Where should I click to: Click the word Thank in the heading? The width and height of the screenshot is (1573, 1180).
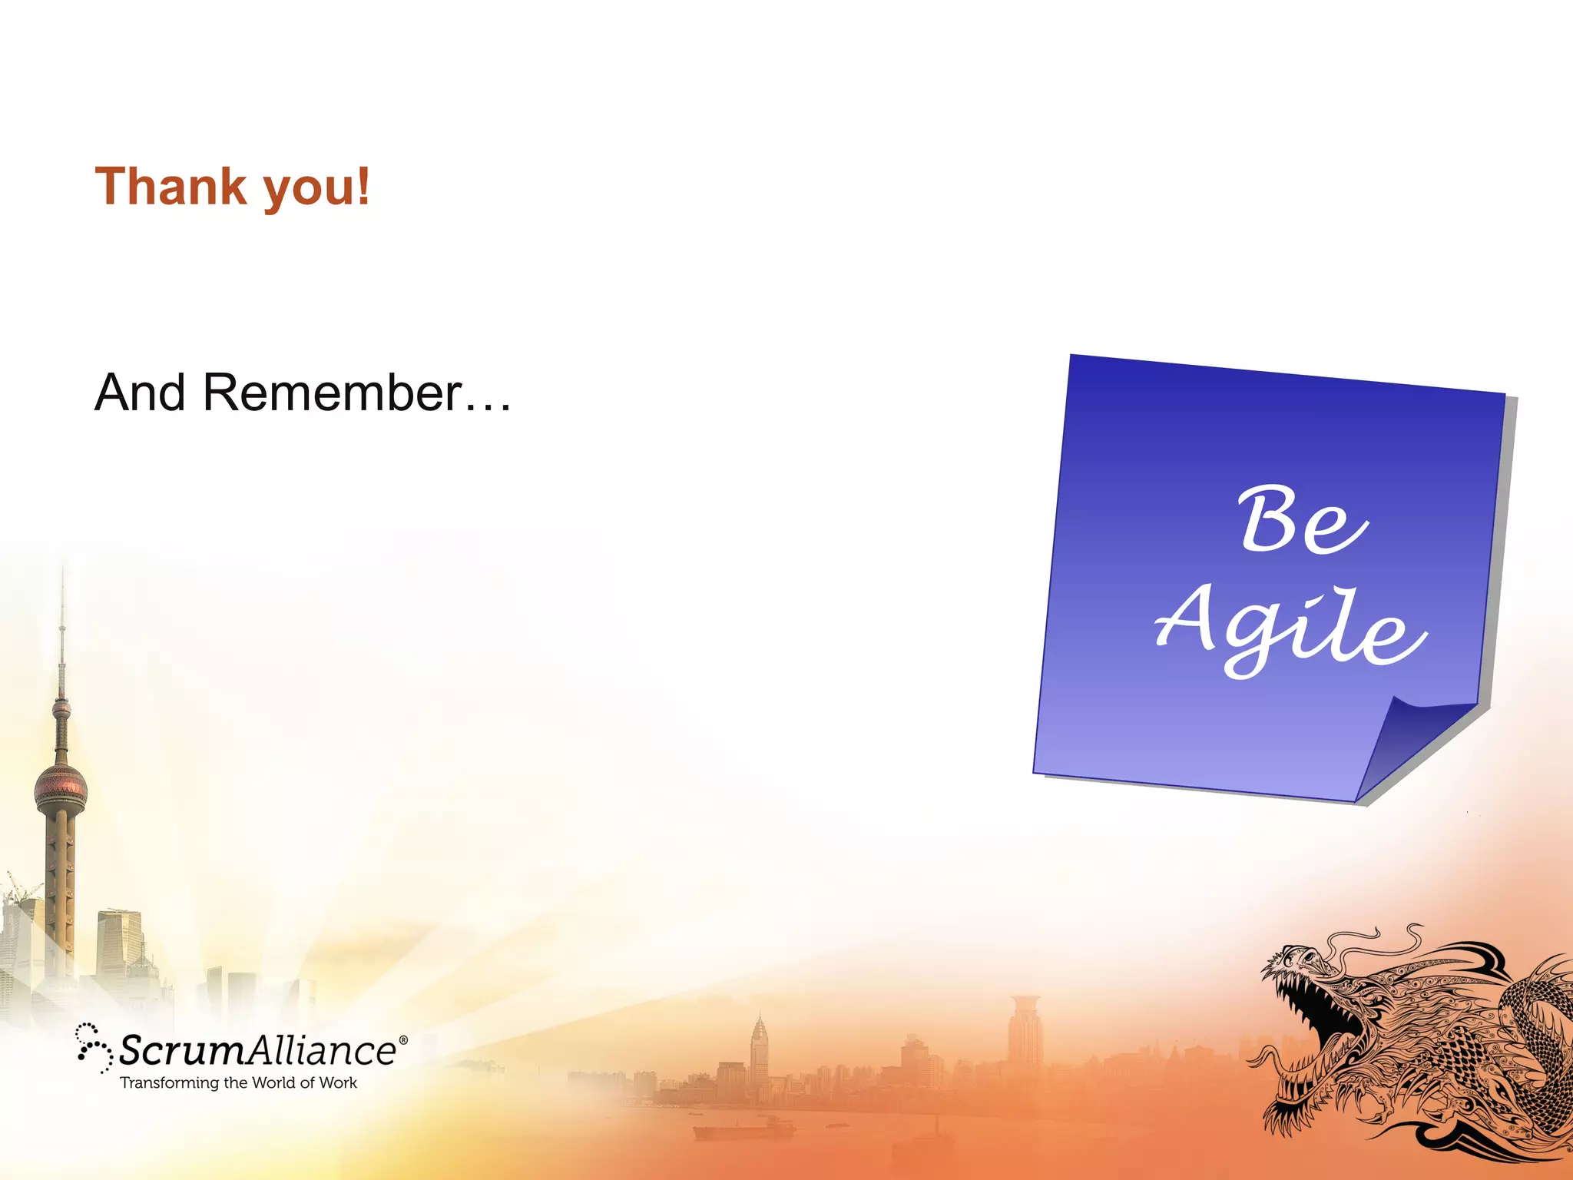point(171,187)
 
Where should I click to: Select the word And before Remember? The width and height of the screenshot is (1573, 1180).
point(140,393)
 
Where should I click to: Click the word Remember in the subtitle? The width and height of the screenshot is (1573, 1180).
point(332,393)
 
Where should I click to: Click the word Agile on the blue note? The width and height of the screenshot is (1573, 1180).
point(1290,626)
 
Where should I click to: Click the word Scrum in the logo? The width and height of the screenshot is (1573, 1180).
point(181,1050)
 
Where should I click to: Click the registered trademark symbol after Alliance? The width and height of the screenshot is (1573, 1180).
point(404,1040)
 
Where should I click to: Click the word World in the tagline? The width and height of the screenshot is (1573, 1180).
point(273,1082)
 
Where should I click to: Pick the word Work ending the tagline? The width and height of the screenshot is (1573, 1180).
point(338,1082)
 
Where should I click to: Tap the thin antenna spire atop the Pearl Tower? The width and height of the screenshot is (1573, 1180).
point(62,615)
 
